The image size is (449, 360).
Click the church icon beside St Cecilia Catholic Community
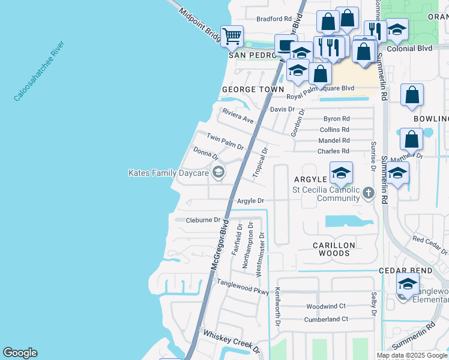pos(368,193)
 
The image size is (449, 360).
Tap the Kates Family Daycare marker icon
pos(218,173)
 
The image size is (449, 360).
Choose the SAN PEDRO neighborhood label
pos(252,55)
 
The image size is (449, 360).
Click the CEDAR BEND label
pos(406,271)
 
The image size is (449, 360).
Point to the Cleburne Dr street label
pos(203,220)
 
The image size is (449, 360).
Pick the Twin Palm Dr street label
pos(225,142)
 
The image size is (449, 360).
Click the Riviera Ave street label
pos(238,116)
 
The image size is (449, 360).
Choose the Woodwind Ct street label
pos(327,305)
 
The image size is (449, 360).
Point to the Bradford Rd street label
pos(274,19)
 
